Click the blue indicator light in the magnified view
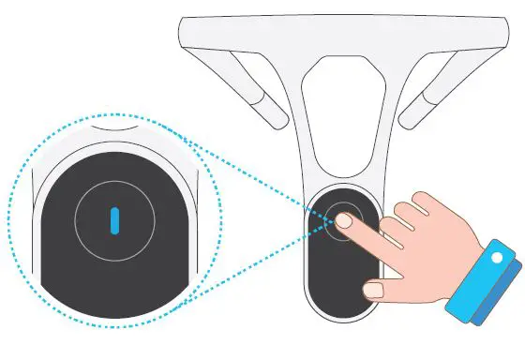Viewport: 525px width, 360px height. pos(113,220)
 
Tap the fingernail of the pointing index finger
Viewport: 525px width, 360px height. pos(344,222)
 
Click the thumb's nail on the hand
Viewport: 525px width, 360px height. pos(373,291)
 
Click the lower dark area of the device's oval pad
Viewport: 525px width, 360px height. pos(337,281)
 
